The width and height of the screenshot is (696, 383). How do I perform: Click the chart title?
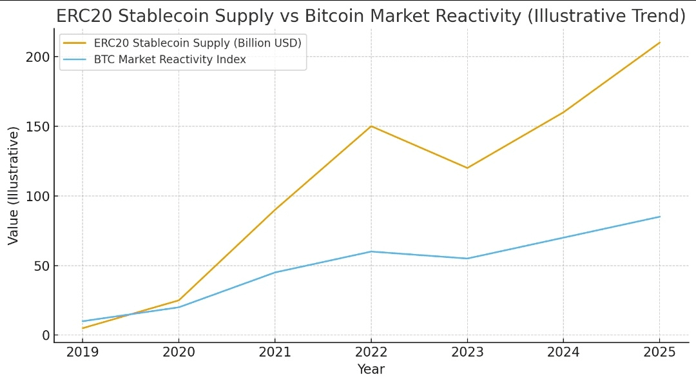(x=371, y=16)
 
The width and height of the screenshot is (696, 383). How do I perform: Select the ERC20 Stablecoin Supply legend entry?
(x=197, y=43)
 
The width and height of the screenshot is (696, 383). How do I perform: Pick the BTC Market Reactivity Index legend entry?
(x=170, y=60)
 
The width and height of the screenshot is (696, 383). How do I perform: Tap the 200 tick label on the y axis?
(x=37, y=57)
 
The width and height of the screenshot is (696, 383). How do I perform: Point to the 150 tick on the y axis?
(x=37, y=126)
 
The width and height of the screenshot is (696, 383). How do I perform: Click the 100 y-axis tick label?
(x=37, y=196)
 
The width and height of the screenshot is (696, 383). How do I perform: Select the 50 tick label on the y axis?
(x=41, y=266)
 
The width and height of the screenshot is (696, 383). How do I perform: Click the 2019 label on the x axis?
(x=82, y=352)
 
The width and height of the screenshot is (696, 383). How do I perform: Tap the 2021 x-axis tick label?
(x=275, y=352)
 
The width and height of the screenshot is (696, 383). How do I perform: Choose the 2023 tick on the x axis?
(x=467, y=352)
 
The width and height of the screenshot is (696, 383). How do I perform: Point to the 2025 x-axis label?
(x=660, y=352)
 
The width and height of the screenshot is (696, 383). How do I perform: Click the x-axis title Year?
(x=371, y=369)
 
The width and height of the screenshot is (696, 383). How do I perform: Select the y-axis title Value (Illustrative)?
(x=13, y=186)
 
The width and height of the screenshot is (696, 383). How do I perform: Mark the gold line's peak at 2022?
(x=371, y=126)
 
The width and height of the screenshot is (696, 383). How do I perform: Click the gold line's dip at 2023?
(x=467, y=168)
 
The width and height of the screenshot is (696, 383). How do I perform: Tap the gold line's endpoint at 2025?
(x=660, y=43)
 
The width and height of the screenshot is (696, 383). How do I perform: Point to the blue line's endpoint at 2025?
(x=660, y=217)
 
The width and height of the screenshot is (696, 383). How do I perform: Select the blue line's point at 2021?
(x=275, y=272)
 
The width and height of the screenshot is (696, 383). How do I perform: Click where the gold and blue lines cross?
(x=131, y=314)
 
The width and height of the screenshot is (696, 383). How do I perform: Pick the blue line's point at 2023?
(x=467, y=259)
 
